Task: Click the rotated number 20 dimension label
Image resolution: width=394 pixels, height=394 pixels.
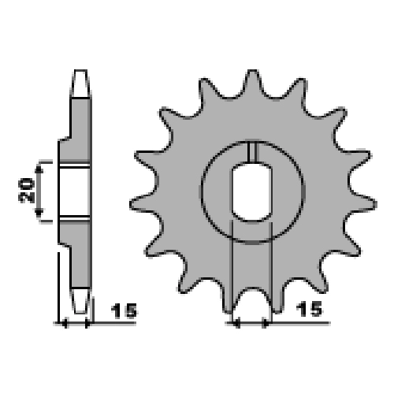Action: click(x=26, y=191)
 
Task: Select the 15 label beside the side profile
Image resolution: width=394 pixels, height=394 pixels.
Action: click(x=124, y=310)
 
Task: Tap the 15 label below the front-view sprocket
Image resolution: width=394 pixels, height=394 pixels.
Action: click(x=309, y=309)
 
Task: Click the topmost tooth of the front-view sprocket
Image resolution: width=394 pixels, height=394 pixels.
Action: click(x=252, y=81)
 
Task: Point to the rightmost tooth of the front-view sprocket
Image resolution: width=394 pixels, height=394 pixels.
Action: click(x=364, y=203)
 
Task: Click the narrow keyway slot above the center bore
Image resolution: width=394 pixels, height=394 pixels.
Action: click(x=252, y=152)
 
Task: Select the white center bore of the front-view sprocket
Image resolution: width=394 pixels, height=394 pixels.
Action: click(x=252, y=191)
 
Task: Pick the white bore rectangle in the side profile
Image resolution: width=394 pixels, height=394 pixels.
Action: click(x=75, y=191)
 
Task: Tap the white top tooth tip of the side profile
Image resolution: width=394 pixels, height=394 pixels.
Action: click(x=80, y=84)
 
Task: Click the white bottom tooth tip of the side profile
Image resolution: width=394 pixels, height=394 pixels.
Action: click(x=80, y=301)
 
